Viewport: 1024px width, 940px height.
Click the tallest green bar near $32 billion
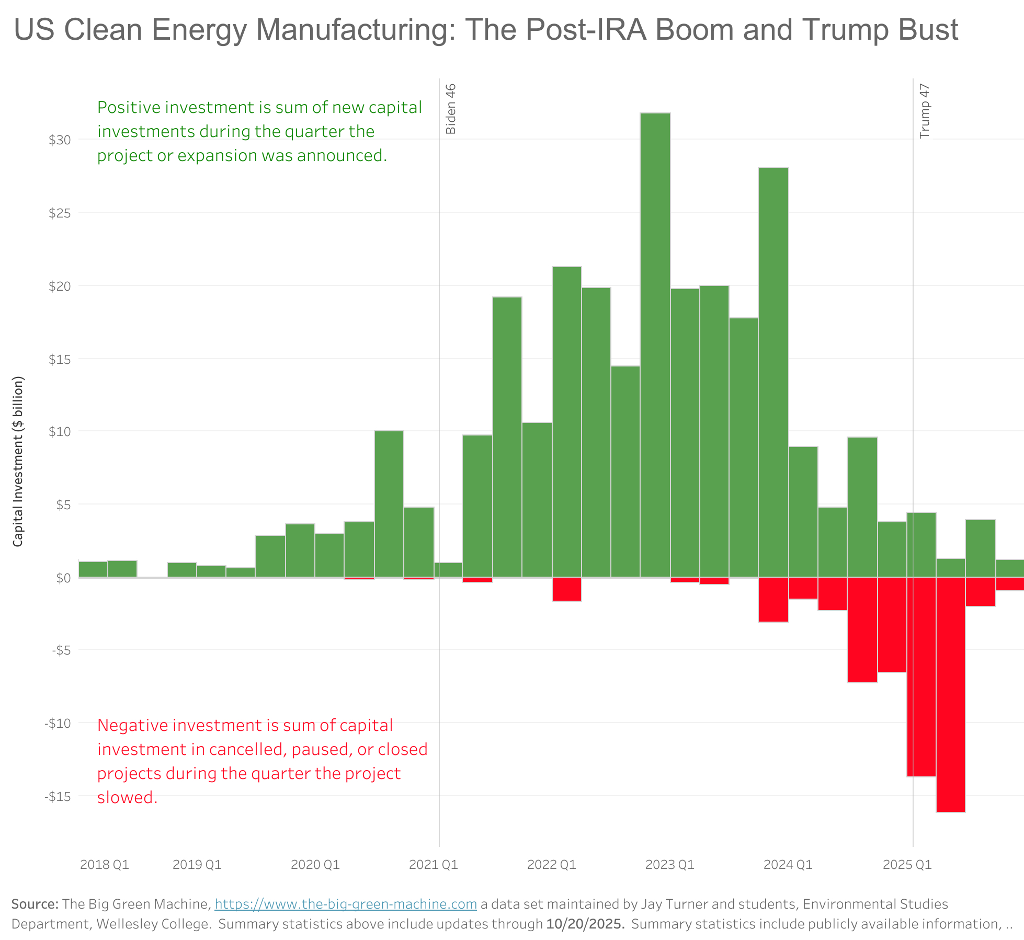click(655, 345)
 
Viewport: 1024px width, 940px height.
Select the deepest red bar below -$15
click(950, 695)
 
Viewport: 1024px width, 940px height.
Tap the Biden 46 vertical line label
click(451, 109)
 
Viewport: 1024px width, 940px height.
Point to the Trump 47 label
click(925, 111)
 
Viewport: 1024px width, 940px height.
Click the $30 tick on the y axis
click(60, 140)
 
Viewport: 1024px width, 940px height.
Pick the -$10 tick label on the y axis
click(58, 724)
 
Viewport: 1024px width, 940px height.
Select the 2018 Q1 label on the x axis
click(105, 864)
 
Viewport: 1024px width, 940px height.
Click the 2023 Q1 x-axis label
click(669, 864)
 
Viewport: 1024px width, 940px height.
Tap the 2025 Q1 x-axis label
click(907, 864)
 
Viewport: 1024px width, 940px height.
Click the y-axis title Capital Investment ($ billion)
click(18, 461)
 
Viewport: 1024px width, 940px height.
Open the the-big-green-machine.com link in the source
click(345, 904)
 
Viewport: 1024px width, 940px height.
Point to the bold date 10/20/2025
click(585, 924)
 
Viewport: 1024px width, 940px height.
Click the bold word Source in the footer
click(35, 904)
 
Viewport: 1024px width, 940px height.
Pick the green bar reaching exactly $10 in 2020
click(389, 504)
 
